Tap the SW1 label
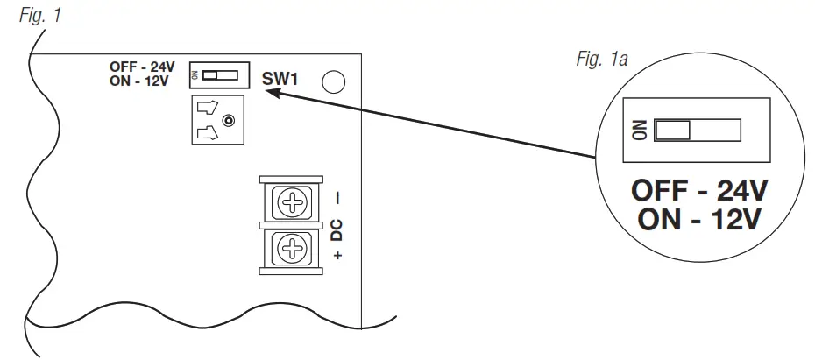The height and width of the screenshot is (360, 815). pyautogui.click(x=281, y=79)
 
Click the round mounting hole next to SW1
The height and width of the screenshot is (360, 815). pyautogui.click(x=334, y=82)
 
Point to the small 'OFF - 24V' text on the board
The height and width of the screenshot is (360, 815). pyautogui.click(x=141, y=67)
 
